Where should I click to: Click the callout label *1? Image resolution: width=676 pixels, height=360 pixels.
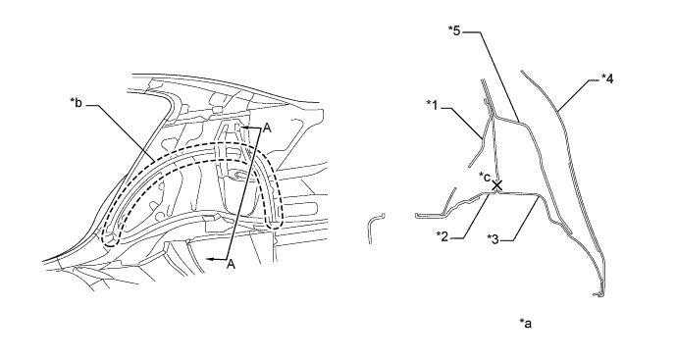(432, 105)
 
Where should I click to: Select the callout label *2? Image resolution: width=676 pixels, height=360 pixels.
(442, 235)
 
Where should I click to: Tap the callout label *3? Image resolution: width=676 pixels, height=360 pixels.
(494, 238)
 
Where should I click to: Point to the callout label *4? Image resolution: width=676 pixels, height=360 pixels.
(607, 78)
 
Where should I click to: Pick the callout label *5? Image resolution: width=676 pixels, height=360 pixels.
(454, 30)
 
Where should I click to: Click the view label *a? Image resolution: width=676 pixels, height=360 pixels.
(526, 323)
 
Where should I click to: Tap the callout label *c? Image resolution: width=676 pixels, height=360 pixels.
(484, 177)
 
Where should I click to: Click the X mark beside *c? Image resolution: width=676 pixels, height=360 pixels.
(497, 185)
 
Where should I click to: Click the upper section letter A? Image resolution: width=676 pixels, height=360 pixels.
(267, 129)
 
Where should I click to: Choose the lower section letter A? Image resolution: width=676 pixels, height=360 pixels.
(232, 264)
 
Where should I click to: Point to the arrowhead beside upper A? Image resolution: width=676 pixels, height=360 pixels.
(243, 128)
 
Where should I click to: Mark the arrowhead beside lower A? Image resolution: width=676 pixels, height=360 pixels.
(210, 259)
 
